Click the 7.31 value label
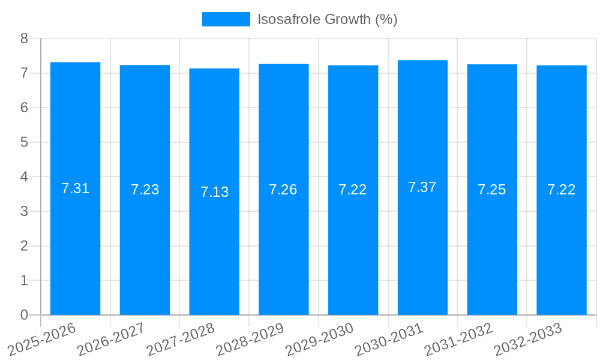(75, 188)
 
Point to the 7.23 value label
(145, 190)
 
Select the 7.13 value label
(214, 192)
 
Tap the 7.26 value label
(283, 190)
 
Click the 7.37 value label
(422, 187)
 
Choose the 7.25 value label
(492, 190)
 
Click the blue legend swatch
(226, 19)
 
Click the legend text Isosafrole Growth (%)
(328, 19)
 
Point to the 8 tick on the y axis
(24, 38)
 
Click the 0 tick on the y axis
(24, 315)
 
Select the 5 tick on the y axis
(24, 142)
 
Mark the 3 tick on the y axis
(24, 211)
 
